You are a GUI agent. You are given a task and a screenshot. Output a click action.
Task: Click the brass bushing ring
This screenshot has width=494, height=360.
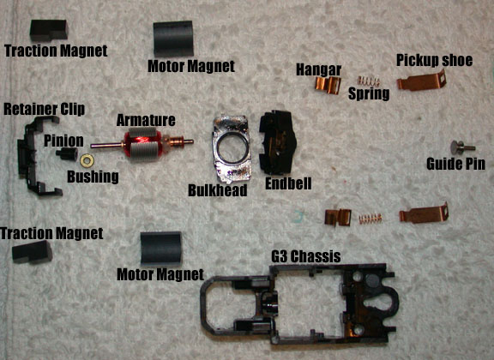87,160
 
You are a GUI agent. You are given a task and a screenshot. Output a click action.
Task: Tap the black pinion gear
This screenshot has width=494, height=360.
67,153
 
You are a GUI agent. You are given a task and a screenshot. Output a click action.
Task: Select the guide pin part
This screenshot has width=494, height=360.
462,147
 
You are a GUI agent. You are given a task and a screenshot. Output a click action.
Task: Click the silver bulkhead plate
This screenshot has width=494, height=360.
232,149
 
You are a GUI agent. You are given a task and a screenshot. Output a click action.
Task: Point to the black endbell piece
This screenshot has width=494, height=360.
278,142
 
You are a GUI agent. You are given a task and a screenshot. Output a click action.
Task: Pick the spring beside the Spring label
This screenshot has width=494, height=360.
368,82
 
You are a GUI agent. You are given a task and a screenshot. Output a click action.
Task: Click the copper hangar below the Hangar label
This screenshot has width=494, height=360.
328,84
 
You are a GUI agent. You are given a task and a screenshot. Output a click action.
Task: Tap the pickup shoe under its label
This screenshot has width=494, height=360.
422,81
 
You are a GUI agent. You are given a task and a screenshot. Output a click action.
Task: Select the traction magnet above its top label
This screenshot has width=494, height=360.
49,30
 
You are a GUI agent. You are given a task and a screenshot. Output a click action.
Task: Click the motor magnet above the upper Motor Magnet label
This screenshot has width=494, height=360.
173,39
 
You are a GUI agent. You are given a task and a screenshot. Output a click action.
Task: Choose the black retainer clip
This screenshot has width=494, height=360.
36,156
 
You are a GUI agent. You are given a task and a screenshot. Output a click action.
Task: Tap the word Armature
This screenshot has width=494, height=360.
146,120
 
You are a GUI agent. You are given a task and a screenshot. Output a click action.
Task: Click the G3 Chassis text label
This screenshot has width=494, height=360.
306,256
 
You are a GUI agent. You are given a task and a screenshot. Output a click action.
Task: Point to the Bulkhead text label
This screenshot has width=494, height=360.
218,190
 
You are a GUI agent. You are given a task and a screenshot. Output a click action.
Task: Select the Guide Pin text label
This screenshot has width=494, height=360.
455,164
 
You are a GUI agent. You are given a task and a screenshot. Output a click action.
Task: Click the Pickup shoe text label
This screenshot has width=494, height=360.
435,60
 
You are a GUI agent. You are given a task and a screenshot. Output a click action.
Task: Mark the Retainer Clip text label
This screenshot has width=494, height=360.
44,109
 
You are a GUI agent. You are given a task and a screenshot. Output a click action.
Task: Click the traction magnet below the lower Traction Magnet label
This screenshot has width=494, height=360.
32,252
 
